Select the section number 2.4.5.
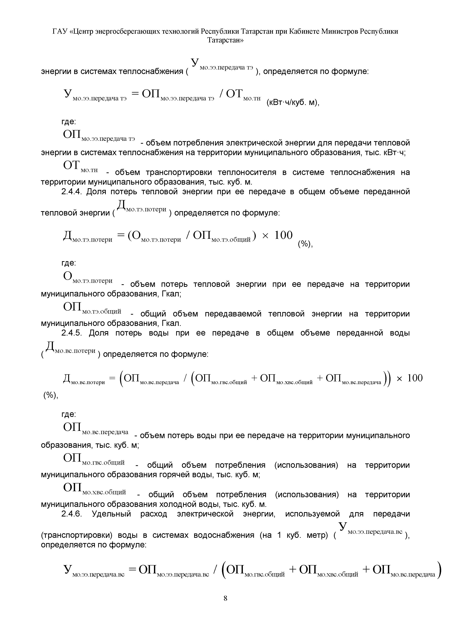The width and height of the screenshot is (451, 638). pyautogui.click(x=71, y=333)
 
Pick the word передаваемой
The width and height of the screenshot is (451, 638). pyautogui.click(x=233, y=314)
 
